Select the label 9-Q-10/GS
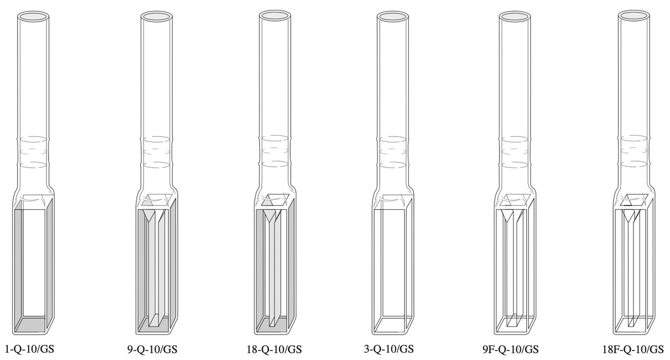(152, 349)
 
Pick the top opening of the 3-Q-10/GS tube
(394, 17)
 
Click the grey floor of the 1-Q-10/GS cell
(30, 325)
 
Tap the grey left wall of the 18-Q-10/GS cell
(259, 265)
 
